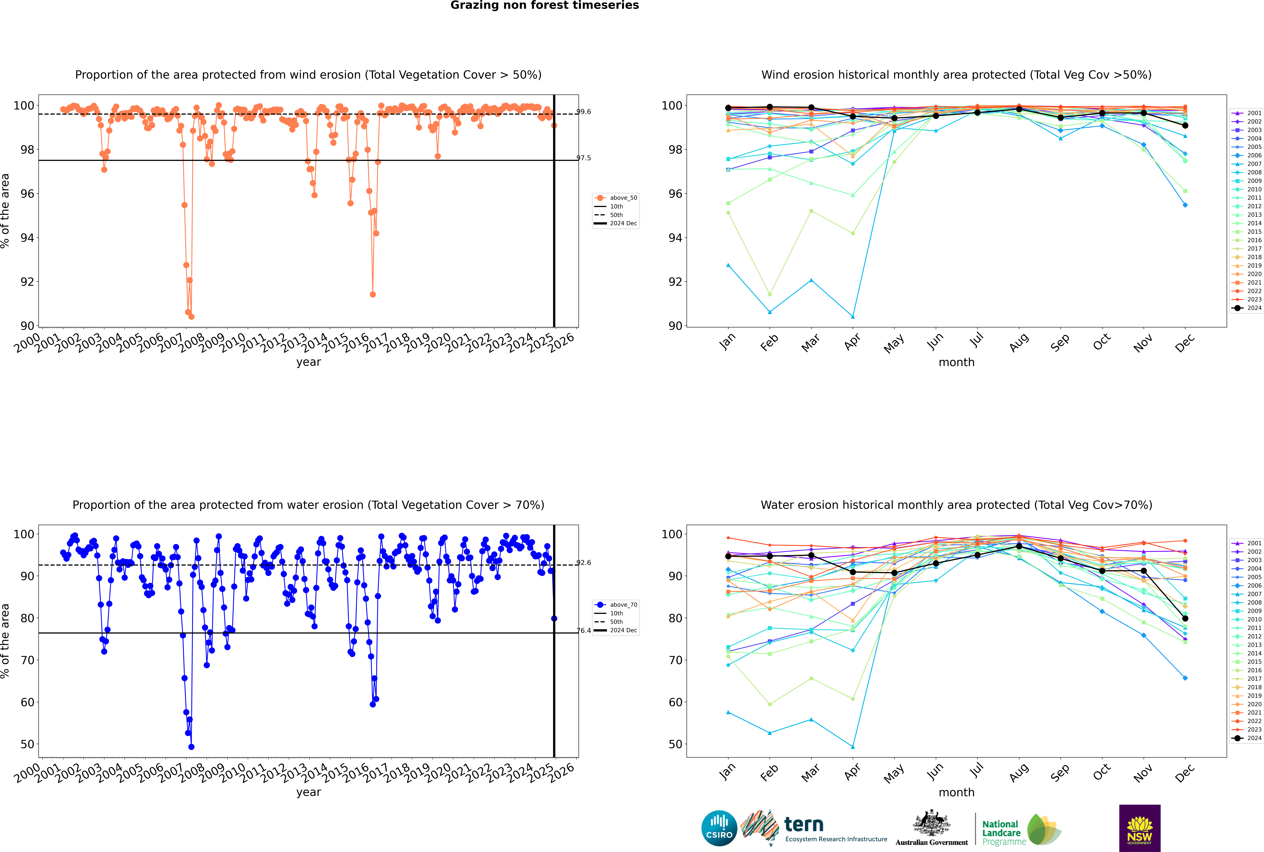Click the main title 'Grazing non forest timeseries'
pyautogui.click(x=545, y=5)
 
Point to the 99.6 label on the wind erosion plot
pyautogui.click(x=584, y=112)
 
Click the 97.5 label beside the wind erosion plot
pyautogui.click(x=584, y=158)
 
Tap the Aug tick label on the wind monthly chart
pyautogui.click(x=1019, y=342)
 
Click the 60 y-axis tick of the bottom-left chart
pyautogui.click(x=27, y=702)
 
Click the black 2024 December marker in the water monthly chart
pyautogui.click(x=1185, y=618)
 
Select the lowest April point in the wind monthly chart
pyautogui.click(x=853, y=317)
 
